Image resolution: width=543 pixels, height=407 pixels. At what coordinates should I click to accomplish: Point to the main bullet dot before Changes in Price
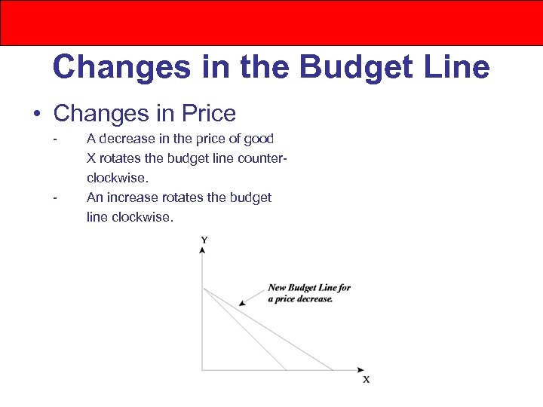pyautogui.click(x=37, y=115)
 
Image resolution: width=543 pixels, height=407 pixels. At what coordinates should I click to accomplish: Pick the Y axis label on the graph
pyautogui.click(x=204, y=240)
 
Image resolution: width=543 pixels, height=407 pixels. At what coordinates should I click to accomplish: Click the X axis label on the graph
pyautogui.click(x=367, y=379)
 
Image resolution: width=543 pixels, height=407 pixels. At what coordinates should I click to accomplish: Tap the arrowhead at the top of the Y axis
pyautogui.click(x=202, y=249)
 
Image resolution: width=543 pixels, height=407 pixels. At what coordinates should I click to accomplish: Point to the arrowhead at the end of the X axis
pyautogui.click(x=360, y=370)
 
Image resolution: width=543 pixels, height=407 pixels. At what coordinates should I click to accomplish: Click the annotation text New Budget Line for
pyautogui.click(x=309, y=287)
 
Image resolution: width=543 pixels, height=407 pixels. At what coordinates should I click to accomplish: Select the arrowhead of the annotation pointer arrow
pyautogui.click(x=241, y=303)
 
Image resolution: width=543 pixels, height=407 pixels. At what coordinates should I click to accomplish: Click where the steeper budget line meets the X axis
pyautogui.click(x=287, y=370)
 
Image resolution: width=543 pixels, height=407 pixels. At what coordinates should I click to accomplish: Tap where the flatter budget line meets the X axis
pyautogui.click(x=334, y=370)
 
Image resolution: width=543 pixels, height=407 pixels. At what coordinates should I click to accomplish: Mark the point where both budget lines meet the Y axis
pyautogui.click(x=202, y=287)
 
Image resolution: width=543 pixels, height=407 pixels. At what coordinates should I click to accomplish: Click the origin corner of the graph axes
pyautogui.click(x=202, y=370)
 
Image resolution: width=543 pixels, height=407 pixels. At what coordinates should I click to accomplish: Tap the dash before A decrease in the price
pyautogui.click(x=55, y=139)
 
